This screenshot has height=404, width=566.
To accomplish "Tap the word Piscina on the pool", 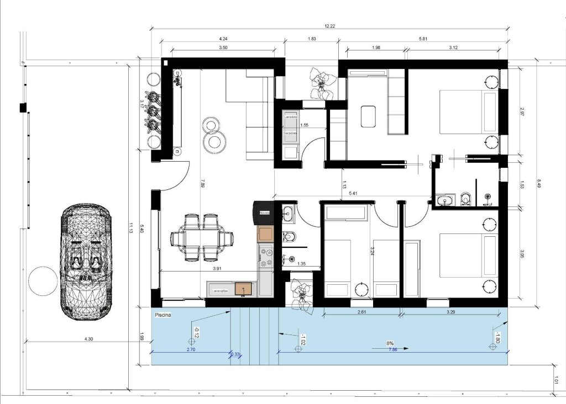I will point(164,315).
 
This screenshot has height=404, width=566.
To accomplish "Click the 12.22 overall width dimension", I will point(331,25).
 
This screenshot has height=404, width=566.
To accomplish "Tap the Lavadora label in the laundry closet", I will point(291,118).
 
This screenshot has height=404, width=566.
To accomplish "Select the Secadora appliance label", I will point(291,134).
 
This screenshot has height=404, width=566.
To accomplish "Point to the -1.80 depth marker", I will point(497,338).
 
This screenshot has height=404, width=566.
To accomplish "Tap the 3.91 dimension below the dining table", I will point(222,269).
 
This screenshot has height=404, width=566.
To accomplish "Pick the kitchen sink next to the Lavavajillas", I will point(242,288).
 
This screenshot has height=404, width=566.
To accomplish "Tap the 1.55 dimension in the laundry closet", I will point(305,125).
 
